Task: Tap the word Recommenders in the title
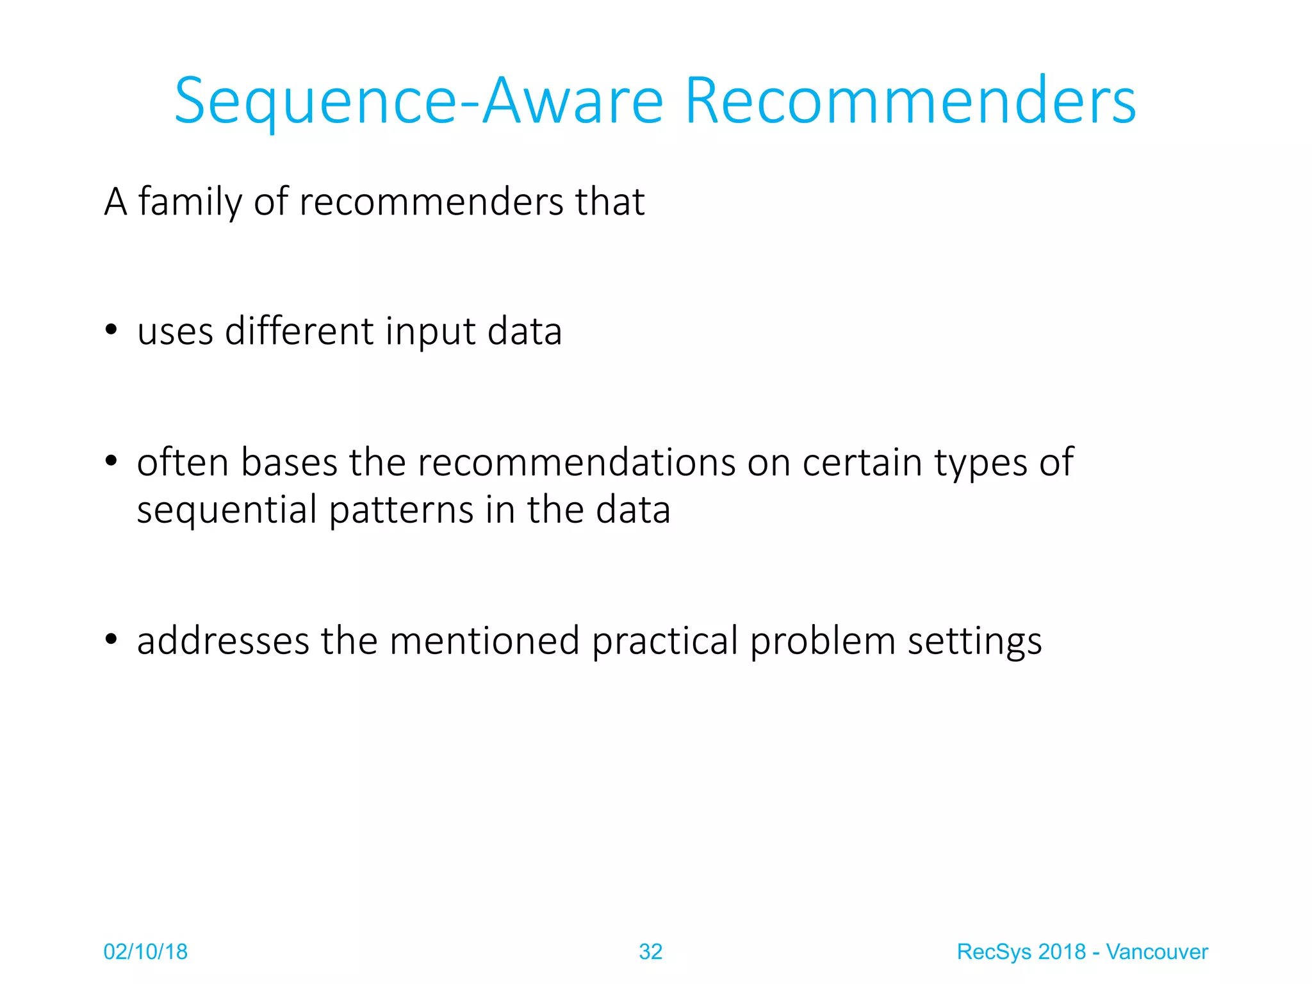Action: click(x=910, y=101)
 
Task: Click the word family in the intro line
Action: click(x=190, y=202)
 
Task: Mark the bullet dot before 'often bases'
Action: click(x=111, y=461)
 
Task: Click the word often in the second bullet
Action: click(x=183, y=462)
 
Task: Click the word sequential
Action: click(x=227, y=511)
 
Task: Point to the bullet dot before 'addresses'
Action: click(x=111, y=639)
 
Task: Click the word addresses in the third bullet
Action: click(x=223, y=641)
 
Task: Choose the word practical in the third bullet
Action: click(x=664, y=642)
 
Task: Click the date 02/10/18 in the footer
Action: click(x=145, y=952)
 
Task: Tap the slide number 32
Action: click(x=650, y=952)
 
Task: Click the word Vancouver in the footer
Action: click(x=1156, y=952)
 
